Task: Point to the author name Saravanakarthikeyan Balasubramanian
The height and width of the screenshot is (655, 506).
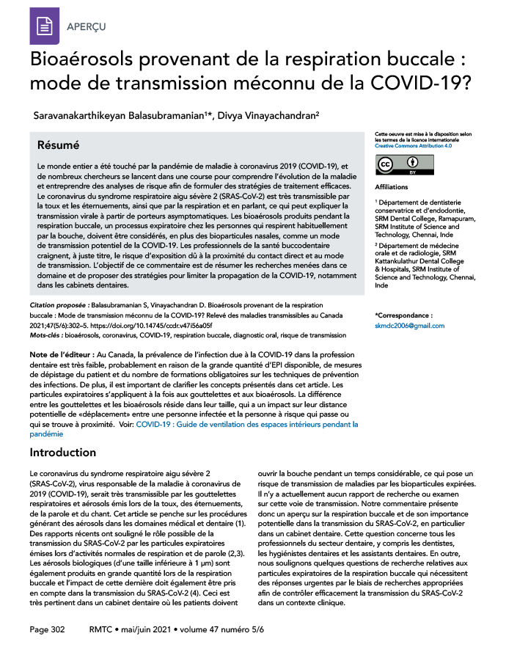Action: [121, 115]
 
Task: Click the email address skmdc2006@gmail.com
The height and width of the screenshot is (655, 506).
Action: [409, 325]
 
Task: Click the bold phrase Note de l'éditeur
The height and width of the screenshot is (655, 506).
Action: [61, 354]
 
